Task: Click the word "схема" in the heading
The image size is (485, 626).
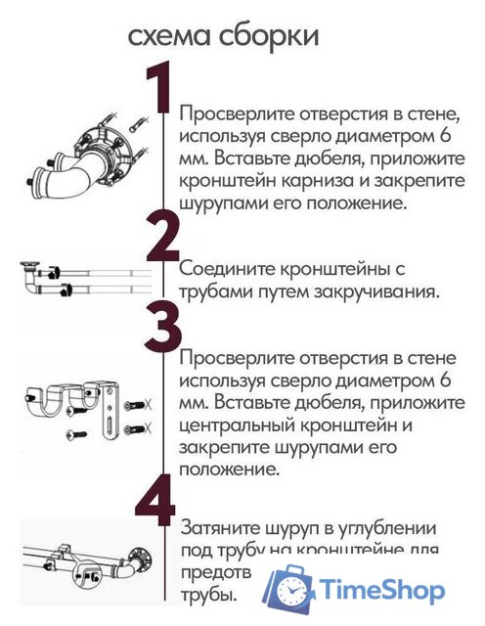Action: tap(169, 37)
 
